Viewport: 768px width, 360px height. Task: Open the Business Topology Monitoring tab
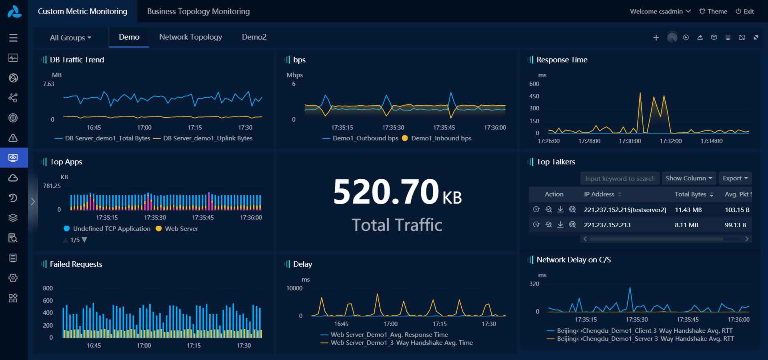(x=198, y=11)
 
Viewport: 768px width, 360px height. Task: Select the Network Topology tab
(x=190, y=37)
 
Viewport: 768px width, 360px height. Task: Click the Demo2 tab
(x=254, y=37)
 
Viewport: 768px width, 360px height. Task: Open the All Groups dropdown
(x=70, y=38)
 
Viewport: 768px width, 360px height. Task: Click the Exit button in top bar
(x=745, y=11)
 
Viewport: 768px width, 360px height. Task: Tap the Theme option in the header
(x=713, y=11)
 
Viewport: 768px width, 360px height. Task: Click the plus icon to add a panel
(x=656, y=38)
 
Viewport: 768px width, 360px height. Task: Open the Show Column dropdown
(x=688, y=178)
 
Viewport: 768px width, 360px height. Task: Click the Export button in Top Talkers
(x=735, y=178)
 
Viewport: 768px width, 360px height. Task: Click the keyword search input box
(x=619, y=178)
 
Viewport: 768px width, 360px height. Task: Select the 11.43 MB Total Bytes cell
(x=688, y=210)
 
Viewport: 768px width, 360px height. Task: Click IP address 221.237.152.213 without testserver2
(x=607, y=225)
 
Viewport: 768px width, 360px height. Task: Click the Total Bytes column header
(x=690, y=194)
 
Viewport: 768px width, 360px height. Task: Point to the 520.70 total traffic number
(x=386, y=192)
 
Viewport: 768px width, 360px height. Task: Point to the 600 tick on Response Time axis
(x=534, y=84)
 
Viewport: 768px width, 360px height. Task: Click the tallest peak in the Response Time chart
(x=640, y=94)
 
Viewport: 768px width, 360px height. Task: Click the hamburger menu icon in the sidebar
(x=13, y=38)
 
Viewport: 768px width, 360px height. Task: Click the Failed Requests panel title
(x=76, y=264)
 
